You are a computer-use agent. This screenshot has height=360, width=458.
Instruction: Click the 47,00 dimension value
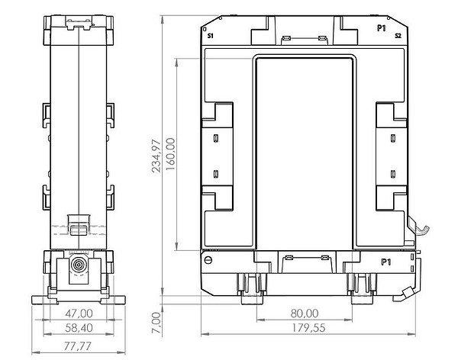(x=79, y=313)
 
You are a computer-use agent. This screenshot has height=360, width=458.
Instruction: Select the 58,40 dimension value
(x=79, y=328)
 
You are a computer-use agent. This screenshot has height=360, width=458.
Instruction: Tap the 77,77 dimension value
(x=78, y=346)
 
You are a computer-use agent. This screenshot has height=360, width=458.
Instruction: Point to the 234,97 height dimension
(x=156, y=156)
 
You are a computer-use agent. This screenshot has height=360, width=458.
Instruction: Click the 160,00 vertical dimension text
(x=170, y=154)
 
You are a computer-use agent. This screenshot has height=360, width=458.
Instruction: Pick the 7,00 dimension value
(x=156, y=323)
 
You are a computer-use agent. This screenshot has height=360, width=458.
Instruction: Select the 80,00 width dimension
(x=305, y=313)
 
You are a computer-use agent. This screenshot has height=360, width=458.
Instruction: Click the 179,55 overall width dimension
(x=308, y=328)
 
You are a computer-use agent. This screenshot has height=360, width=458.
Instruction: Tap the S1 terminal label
(x=211, y=36)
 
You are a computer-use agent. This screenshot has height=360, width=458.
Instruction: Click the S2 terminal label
(x=398, y=36)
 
